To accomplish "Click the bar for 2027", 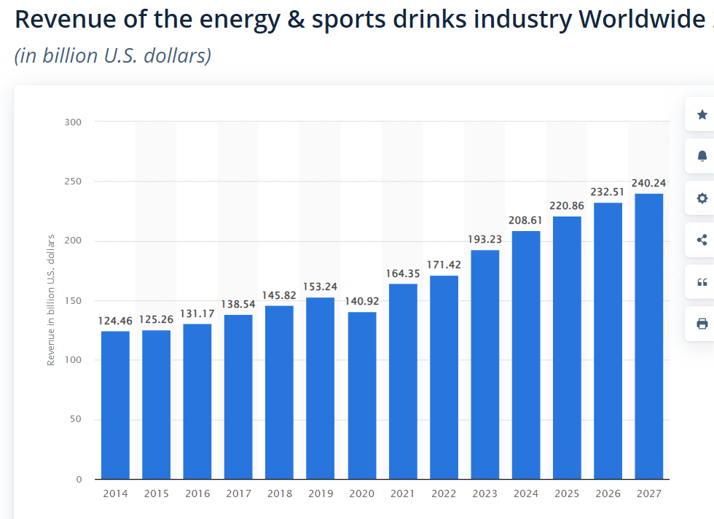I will pos(649,336).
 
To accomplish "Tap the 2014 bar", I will pos(115,405).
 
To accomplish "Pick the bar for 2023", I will pos(485,364).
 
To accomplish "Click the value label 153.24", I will pos(321,287).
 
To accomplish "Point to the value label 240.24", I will pos(648,183).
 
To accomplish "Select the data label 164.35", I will pos(403,273).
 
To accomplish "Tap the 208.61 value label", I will pos(526,220).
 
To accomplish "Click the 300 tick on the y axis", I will pos(72,122).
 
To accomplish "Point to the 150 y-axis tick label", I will pos(72,300).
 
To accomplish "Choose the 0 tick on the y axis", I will pos(78,479).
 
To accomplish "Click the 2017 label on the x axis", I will pos(238,494).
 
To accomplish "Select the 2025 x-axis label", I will pos(567,494).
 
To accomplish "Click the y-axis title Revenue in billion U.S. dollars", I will pos(51,300).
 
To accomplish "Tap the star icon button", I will pos(702,114).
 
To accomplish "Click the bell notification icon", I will pos(702,156).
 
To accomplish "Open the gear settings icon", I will pos(702,198).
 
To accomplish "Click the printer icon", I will pos(702,324).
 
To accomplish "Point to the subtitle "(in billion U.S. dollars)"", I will pos(113,55).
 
